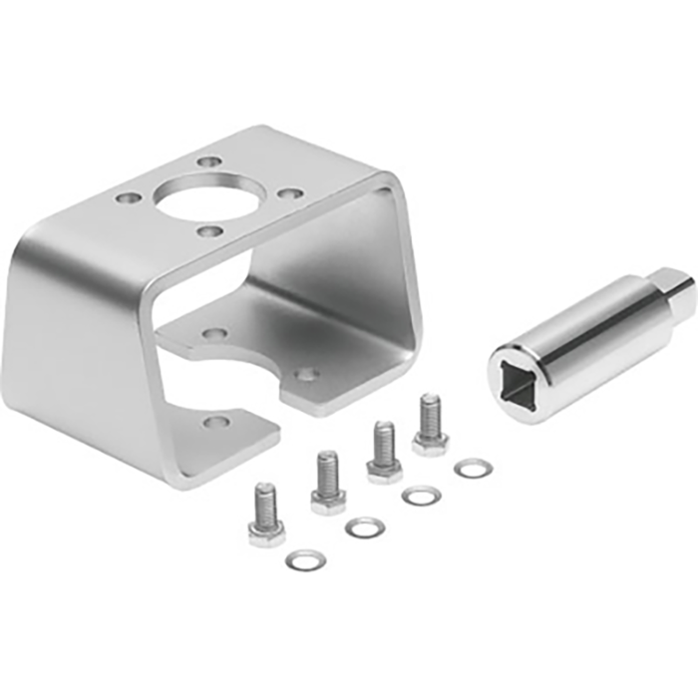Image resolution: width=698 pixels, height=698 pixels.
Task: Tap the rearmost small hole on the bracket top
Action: pyautogui.click(x=207, y=161)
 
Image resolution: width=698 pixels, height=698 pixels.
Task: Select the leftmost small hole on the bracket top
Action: pyautogui.click(x=127, y=197)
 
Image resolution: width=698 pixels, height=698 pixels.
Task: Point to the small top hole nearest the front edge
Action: pyautogui.click(x=207, y=231)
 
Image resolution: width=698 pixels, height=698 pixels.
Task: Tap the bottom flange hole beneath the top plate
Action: pyautogui.click(x=212, y=334)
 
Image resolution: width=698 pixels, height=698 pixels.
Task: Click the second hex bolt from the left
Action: pyautogui.click(x=327, y=483)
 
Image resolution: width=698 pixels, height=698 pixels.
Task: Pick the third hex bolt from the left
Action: pyautogui.click(x=384, y=452)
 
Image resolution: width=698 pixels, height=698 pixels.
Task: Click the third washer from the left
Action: pyautogui.click(x=419, y=495)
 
